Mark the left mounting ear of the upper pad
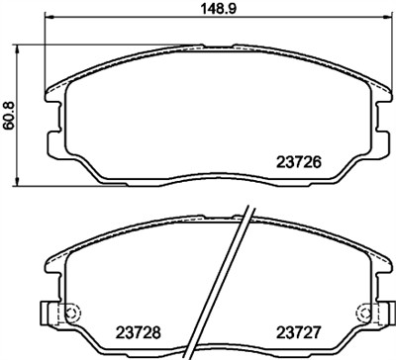click(x=52, y=96)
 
